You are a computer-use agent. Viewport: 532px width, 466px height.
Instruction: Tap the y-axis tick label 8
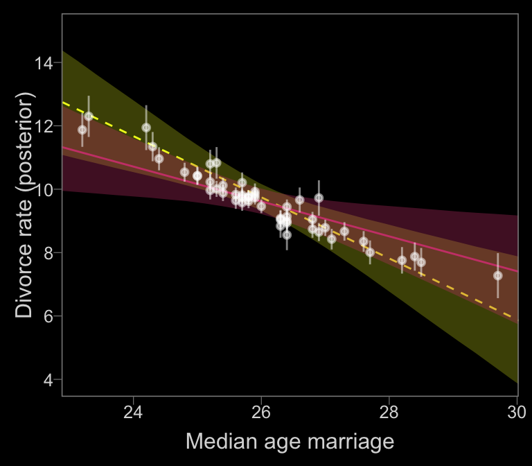pos(47,253)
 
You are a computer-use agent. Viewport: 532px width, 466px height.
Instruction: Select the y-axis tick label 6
pos(47,316)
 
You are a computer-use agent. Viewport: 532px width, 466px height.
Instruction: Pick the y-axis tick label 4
pos(47,379)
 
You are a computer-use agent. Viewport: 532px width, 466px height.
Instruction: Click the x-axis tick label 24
pos(133,413)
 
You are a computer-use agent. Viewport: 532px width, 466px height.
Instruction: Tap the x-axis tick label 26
pos(261,413)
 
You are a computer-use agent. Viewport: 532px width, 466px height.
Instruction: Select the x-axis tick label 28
pos(389,413)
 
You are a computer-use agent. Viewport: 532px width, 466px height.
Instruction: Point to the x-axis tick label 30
pos(517,413)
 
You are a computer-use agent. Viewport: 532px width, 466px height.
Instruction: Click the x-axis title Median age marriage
pos(290,442)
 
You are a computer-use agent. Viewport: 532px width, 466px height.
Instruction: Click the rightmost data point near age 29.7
pos(497,275)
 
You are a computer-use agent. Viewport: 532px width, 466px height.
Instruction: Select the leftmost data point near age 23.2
pos(82,130)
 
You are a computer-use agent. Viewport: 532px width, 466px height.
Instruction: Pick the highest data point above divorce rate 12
pos(89,116)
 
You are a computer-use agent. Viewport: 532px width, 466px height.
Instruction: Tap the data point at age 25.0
pos(197,175)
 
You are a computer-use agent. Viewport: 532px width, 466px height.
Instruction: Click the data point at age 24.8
pos(184,172)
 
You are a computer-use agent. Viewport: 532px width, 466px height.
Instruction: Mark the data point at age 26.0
pos(261,206)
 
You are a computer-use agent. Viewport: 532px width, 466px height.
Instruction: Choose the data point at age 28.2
pos(402,260)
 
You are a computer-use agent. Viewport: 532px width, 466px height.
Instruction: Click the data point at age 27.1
pos(332,239)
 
